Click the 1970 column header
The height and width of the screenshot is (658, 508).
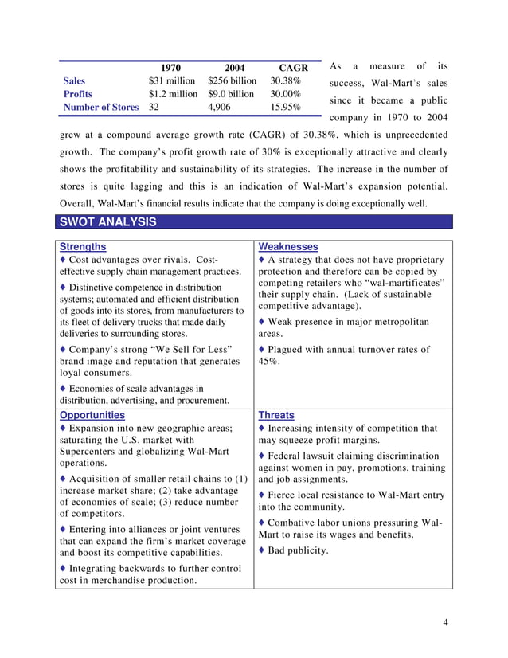pyautogui.click(x=170, y=68)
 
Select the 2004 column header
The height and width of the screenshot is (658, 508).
pyautogui.click(x=233, y=68)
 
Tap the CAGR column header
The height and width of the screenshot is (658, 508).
pyautogui.click(x=293, y=68)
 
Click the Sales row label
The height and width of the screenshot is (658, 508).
pyautogui.click(x=74, y=81)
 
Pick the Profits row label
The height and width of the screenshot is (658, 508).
pyautogui.click(x=77, y=94)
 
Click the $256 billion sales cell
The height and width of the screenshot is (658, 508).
pyautogui.click(x=232, y=81)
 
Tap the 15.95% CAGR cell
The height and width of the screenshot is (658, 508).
pyautogui.click(x=285, y=107)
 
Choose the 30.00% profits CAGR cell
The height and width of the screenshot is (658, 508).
pyautogui.click(x=285, y=94)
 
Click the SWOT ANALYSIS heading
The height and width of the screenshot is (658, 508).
pyautogui.click(x=106, y=222)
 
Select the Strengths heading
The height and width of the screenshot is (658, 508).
pyautogui.click(x=83, y=247)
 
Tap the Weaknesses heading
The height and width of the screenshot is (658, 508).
pyautogui.click(x=288, y=247)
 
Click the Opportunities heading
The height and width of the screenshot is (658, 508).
pyautogui.click(x=92, y=415)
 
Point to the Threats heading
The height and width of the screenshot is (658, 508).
pyautogui.click(x=276, y=415)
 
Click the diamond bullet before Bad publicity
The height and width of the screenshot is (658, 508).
pyautogui.click(x=262, y=550)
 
